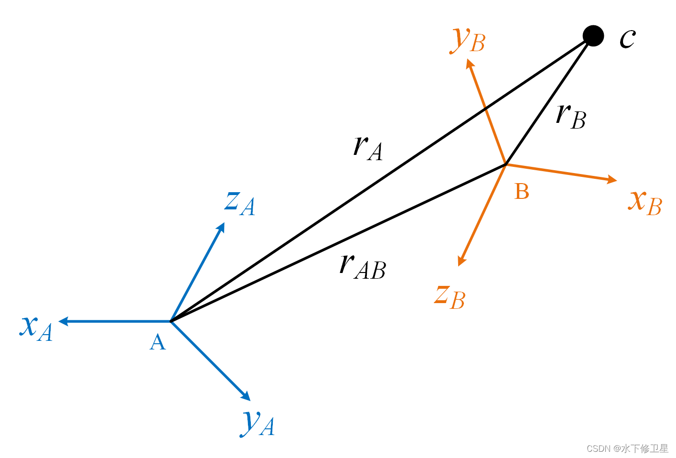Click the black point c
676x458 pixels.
[593, 36]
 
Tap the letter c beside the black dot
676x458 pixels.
[627, 38]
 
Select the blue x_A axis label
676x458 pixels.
[36, 328]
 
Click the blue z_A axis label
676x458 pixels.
[240, 203]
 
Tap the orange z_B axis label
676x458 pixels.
[450, 296]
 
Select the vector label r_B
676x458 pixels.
[571, 116]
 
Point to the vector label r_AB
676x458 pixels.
[362, 267]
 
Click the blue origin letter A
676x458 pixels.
[158, 342]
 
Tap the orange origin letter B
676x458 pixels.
[522, 192]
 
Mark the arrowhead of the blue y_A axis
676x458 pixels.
[246, 396]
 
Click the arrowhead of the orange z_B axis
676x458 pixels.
[461, 261]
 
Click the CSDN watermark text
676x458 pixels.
[627, 448]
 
